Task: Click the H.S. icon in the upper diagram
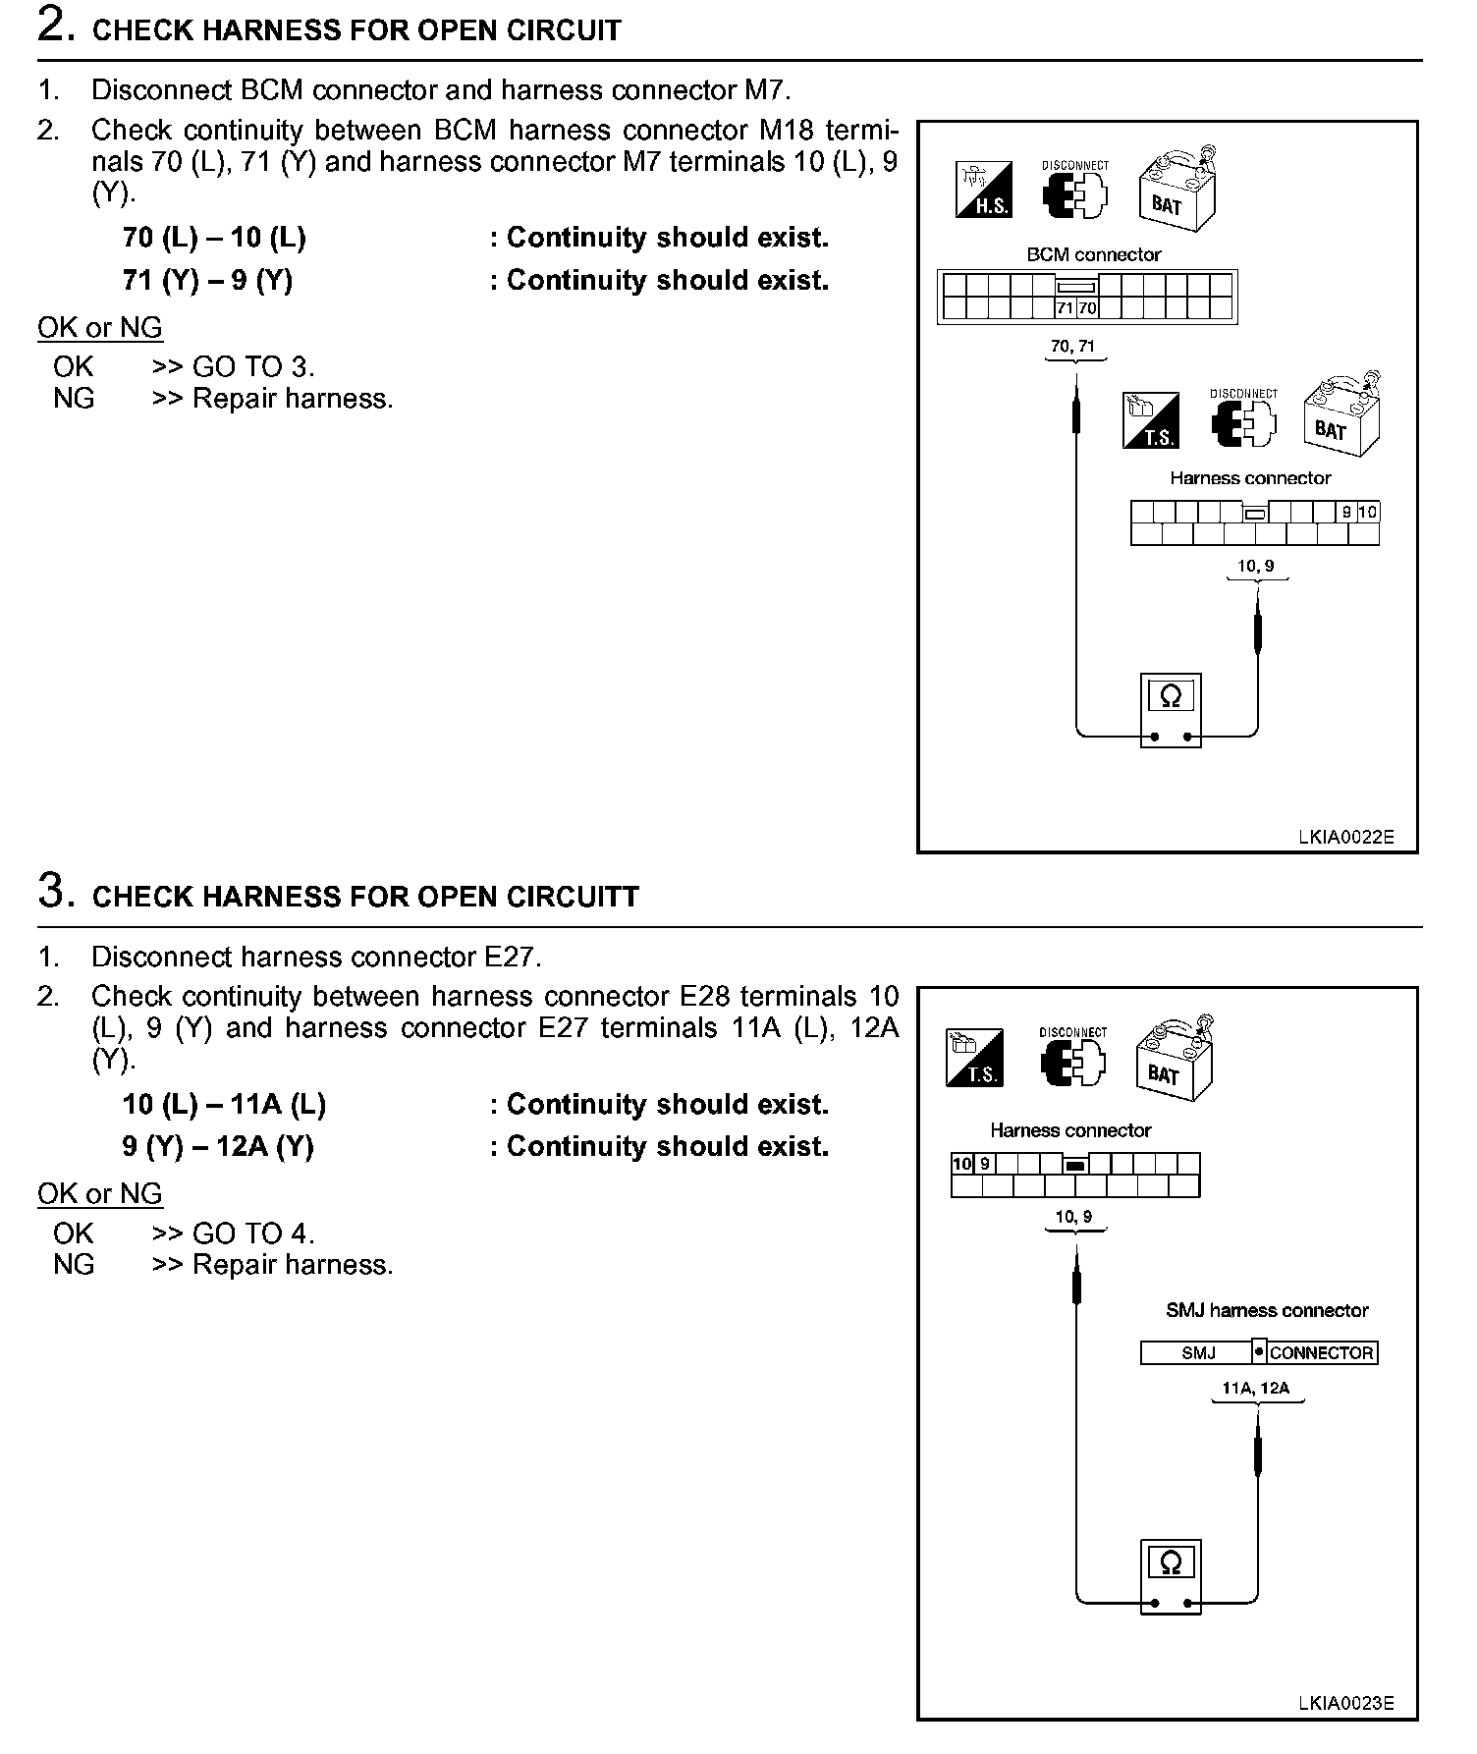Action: pos(983,190)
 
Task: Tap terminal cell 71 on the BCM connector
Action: pos(1065,308)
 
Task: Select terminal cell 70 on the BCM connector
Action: pos(1086,308)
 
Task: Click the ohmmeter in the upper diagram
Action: pos(1171,710)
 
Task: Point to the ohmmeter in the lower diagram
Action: pos(1171,1576)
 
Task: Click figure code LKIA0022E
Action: pos(1345,838)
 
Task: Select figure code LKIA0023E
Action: pos(1345,1704)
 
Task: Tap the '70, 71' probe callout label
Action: pos(1072,346)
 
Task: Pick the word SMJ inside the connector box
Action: pos(1198,1353)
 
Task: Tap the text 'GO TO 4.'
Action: pos(253,1233)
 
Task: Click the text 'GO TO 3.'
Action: pos(253,367)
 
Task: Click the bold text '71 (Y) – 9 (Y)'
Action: pos(207,281)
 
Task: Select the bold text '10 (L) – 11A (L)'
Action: pos(224,1105)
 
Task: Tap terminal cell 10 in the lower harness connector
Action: pos(962,1164)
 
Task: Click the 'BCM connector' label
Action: pos(1093,254)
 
